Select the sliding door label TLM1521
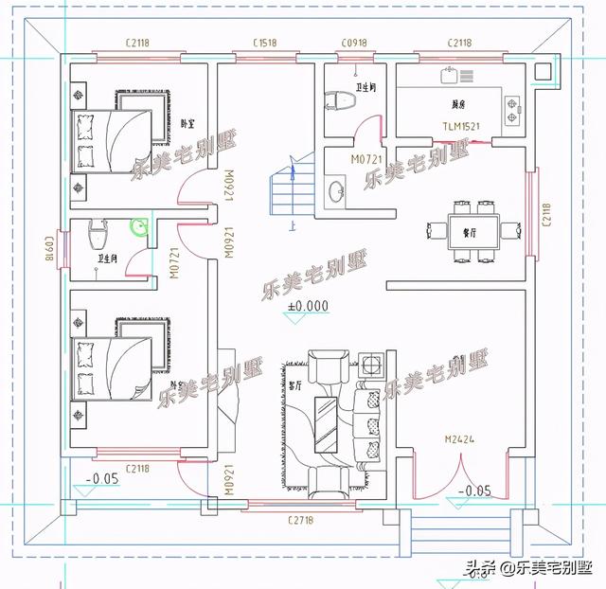(461, 126)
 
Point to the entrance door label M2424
(458, 439)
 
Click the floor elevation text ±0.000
(308, 306)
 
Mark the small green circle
(138, 226)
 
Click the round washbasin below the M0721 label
(336, 193)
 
